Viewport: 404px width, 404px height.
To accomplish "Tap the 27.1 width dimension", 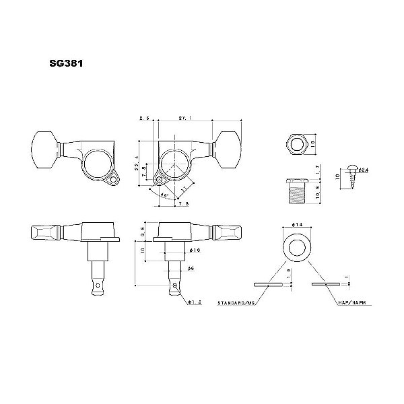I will [183, 117].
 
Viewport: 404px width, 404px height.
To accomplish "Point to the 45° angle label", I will [164, 196].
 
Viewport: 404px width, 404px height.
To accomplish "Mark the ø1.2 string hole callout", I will [191, 302].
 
